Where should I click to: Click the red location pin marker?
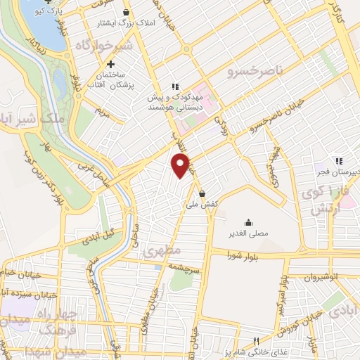(181, 166)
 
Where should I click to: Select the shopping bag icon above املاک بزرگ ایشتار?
(126, 13)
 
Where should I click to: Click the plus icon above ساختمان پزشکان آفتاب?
(110, 64)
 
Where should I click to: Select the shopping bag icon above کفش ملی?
(202, 193)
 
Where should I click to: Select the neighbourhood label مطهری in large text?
(162, 250)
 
